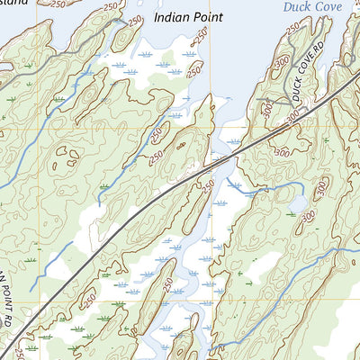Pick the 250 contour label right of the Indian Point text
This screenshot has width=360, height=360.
[202, 36]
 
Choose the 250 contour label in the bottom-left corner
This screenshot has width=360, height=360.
[20, 349]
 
